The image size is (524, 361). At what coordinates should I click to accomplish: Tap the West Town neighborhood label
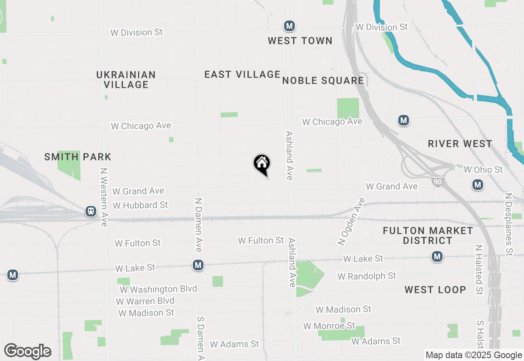click(300, 41)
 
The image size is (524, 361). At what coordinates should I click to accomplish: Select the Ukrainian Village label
click(126, 80)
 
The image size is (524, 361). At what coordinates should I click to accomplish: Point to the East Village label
click(242, 74)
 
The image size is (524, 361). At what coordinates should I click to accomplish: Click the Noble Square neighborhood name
click(323, 80)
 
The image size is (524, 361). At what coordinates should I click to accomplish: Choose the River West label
click(460, 144)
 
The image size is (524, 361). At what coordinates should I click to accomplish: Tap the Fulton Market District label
click(428, 235)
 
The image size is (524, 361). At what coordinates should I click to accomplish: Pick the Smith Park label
click(78, 157)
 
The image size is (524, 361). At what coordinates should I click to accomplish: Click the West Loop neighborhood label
click(435, 290)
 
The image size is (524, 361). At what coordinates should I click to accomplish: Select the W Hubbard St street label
click(140, 205)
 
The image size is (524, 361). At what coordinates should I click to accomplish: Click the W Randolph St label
click(367, 276)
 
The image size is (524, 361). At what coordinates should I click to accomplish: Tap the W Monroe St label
click(329, 326)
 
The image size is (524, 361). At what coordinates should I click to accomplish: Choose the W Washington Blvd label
click(158, 289)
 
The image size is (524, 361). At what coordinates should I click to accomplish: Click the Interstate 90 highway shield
click(438, 182)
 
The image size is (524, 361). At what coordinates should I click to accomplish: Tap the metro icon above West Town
click(289, 26)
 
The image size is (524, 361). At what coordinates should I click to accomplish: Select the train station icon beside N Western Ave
click(90, 211)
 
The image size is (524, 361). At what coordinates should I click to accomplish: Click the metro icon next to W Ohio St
click(477, 185)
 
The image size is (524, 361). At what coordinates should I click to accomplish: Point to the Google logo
click(27, 351)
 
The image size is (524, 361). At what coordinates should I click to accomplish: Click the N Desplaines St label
click(509, 224)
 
